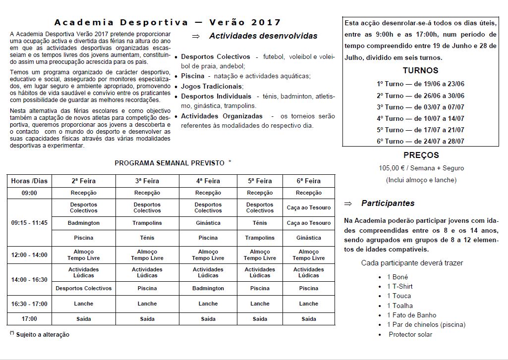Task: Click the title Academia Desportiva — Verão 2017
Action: click(x=168, y=22)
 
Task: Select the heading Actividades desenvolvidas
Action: click(x=263, y=36)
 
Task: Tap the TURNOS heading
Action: click(x=420, y=70)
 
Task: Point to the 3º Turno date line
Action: click(x=420, y=107)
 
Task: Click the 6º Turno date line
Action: click(x=420, y=141)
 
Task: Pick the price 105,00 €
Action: click(x=393, y=168)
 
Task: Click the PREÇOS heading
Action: click(x=421, y=155)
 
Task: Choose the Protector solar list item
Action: click(x=410, y=334)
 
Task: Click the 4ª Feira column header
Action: click(x=208, y=181)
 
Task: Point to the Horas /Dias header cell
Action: click(x=29, y=181)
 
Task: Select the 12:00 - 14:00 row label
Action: click(x=29, y=255)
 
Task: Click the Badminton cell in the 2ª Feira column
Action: click(x=84, y=223)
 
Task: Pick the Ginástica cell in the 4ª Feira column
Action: click(x=208, y=223)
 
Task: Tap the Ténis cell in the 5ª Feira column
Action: click(x=260, y=223)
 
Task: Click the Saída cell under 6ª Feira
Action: click(x=309, y=319)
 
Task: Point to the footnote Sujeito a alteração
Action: click(x=43, y=335)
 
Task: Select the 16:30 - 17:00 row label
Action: click(x=29, y=304)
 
